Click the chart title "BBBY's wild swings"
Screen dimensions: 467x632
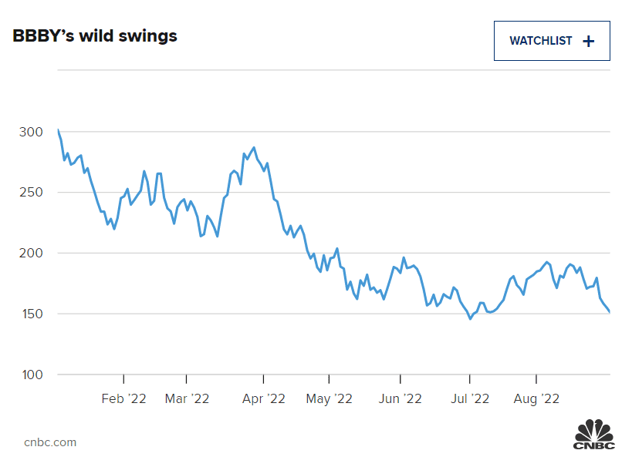coord(95,36)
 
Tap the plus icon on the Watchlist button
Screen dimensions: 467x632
coord(589,42)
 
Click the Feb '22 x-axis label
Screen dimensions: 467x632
coord(123,398)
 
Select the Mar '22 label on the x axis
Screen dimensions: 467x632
coord(187,398)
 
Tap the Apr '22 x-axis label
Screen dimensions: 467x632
coord(263,398)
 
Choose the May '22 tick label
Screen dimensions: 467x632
coord(330,398)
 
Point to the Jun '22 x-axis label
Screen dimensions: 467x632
coord(400,398)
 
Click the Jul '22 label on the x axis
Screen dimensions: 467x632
coord(469,398)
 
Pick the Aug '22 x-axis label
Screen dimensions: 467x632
coord(536,398)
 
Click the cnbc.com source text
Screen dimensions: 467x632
coord(50,442)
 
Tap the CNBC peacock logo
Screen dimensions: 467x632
coord(593,434)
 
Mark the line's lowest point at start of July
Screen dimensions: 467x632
coord(470,318)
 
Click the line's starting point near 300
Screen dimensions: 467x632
coord(58,129)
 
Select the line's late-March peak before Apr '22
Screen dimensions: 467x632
coord(254,147)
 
